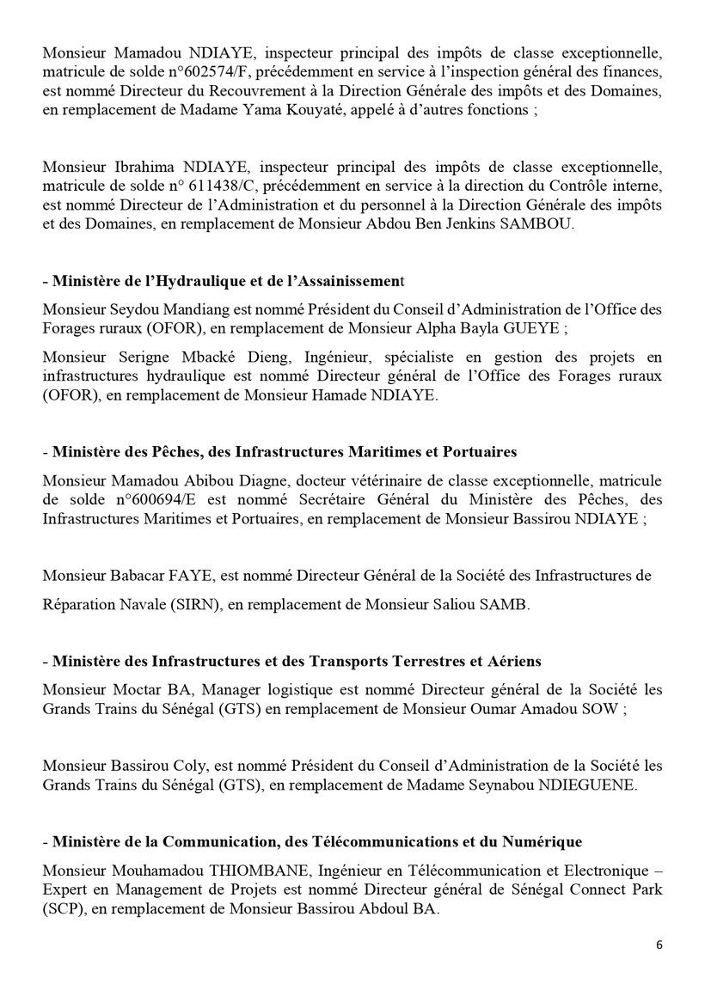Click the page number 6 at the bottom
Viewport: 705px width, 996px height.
tap(659, 944)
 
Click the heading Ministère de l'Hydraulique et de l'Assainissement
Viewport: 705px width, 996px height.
tap(230, 281)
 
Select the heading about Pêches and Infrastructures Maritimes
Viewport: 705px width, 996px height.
tap(284, 451)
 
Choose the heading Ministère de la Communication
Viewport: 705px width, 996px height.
tap(316, 840)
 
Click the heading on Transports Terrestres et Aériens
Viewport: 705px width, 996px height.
tap(297, 662)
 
